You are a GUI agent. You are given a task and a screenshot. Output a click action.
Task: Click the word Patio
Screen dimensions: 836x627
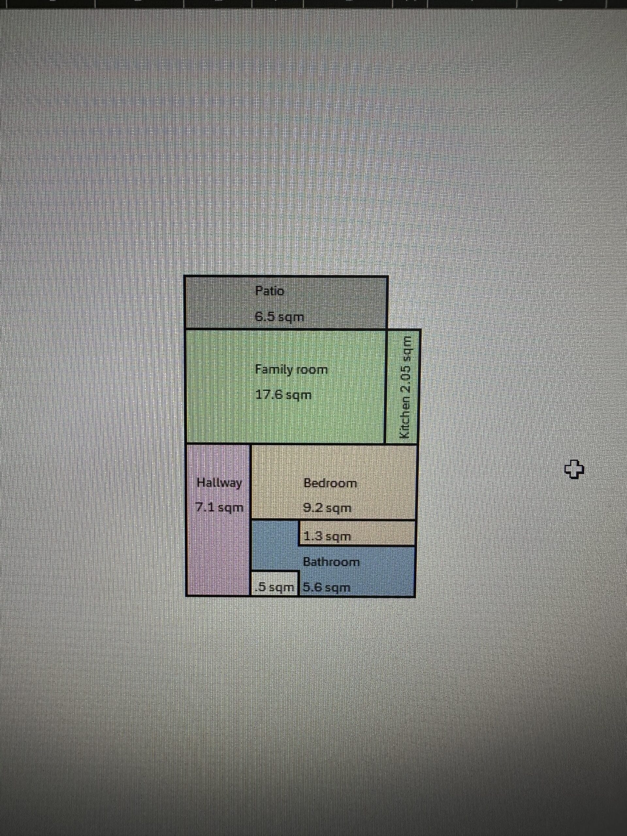269,291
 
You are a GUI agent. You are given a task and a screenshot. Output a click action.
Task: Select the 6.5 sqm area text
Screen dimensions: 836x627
279,317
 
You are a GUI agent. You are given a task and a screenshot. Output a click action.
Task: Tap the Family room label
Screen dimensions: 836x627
291,369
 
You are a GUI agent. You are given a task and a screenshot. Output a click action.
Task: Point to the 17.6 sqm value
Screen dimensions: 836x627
284,395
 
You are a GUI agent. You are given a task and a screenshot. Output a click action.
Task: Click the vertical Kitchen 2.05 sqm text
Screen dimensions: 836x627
406,387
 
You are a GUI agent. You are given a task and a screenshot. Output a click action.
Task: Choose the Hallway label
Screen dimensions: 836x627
219,483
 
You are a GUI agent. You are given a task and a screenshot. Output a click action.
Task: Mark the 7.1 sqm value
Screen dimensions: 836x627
219,507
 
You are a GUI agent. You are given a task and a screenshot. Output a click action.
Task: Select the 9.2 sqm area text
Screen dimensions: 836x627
327,508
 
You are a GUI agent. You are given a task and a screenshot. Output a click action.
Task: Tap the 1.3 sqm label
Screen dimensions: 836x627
327,536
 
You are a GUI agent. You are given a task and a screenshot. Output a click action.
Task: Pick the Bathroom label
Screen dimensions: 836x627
331,562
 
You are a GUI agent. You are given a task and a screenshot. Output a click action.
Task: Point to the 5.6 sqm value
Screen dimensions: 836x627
327,588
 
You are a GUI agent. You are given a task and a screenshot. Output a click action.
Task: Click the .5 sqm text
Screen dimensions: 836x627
275,588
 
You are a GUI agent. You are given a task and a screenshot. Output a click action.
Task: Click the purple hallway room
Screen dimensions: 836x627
218,548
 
